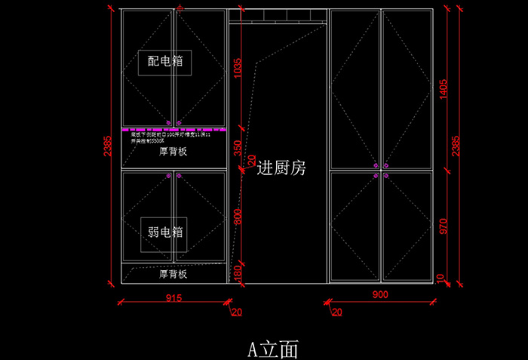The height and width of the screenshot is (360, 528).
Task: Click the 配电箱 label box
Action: click(x=165, y=62)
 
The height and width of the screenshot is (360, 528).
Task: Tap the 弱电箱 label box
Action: click(x=165, y=232)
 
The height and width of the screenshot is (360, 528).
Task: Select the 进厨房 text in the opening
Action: click(x=281, y=168)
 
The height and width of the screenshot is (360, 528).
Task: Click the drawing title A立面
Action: click(x=273, y=349)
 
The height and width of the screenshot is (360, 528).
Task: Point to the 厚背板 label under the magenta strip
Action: click(x=173, y=152)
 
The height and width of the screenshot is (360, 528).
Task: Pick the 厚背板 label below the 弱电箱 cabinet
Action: click(x=173, y=275)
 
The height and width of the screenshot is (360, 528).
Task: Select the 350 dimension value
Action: click(x=238, y=149)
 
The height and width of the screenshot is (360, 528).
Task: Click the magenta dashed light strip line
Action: click(x=173, y=129)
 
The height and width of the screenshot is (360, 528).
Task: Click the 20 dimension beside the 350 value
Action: click(x=253, y=161)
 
